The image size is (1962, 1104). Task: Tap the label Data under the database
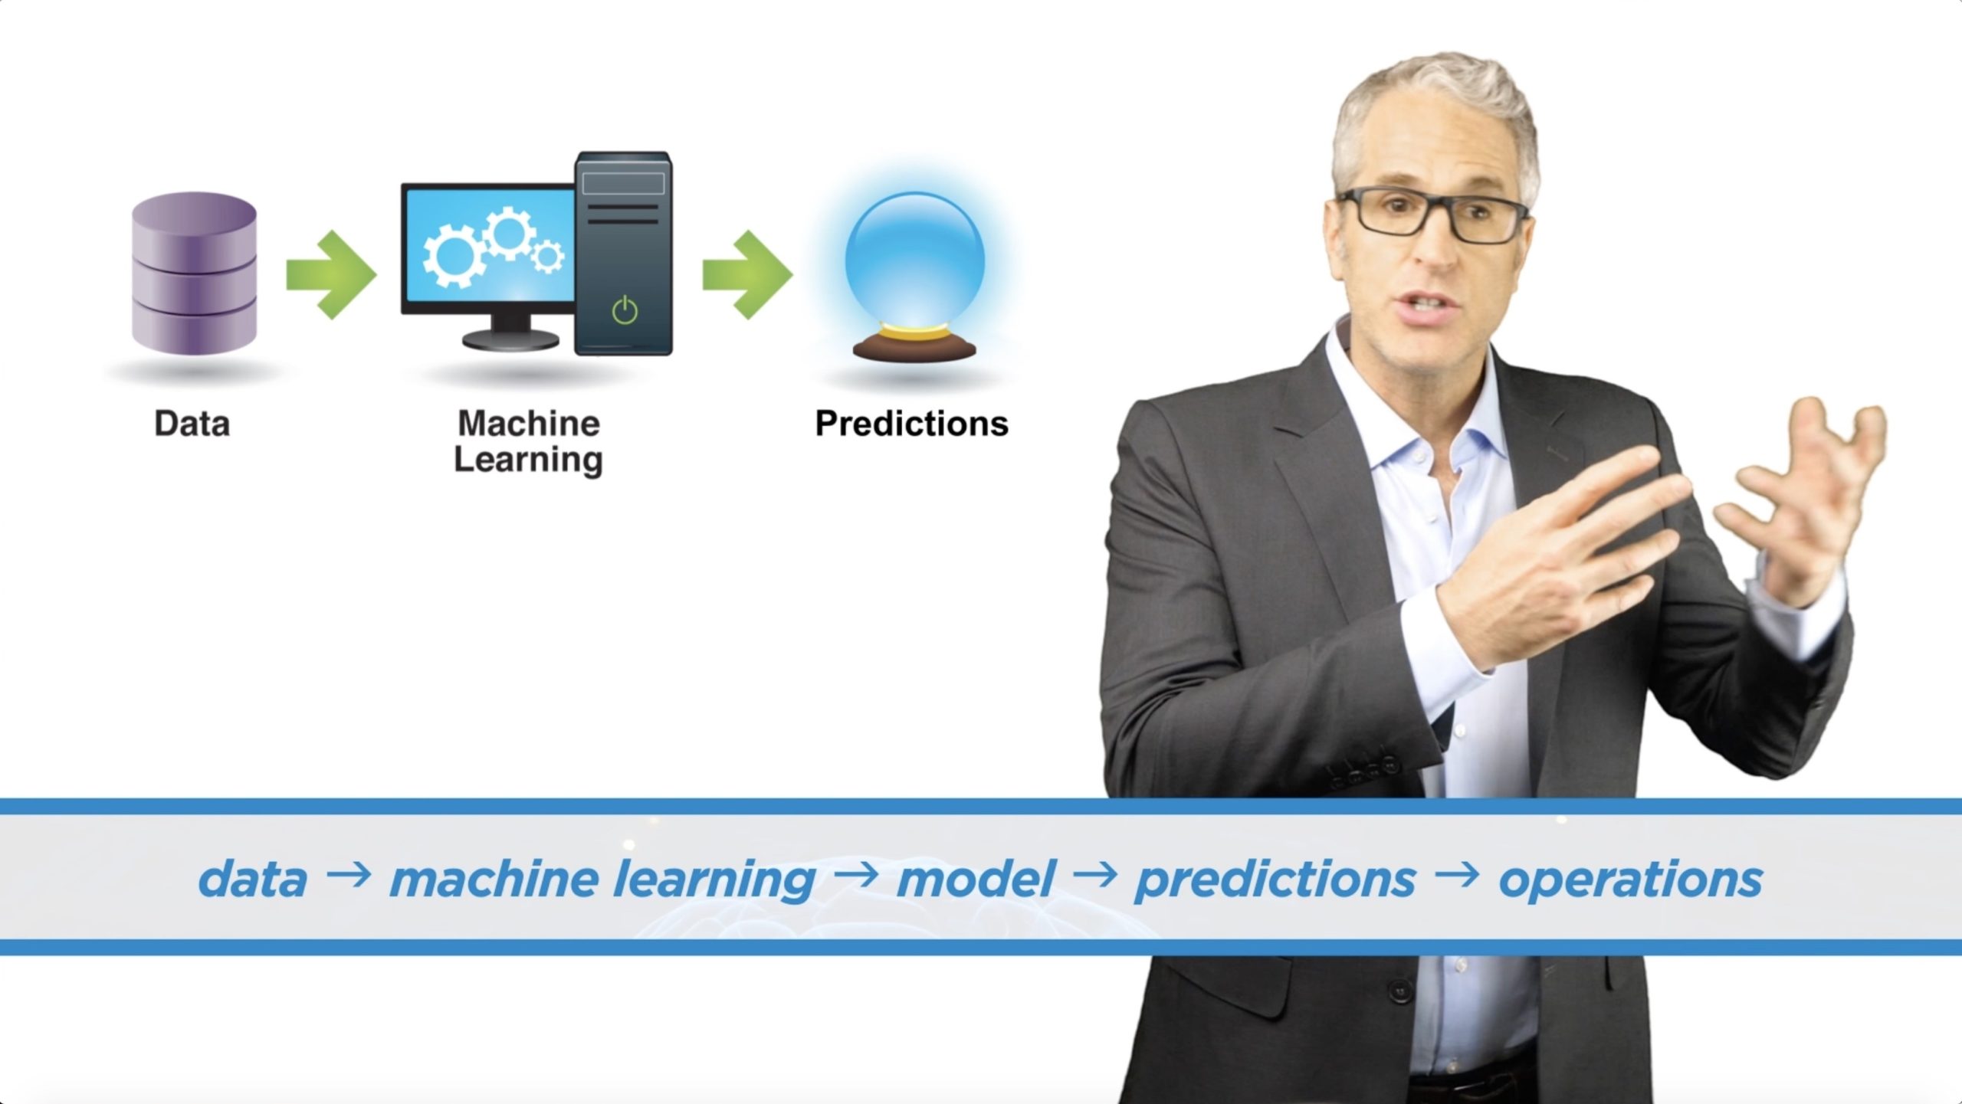click(x=192, y=424)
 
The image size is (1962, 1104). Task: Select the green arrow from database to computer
click(x=331, y=274)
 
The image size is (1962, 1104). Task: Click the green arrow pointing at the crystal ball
click(x=747, y=274)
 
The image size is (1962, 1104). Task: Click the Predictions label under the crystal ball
click(x=912, y=424)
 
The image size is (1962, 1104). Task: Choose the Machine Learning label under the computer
click(x=529, y=443)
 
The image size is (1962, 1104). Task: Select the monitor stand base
click(x=510, y=339)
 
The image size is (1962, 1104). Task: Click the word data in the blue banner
click(x=252, y=878)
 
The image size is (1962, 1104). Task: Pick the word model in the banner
click(x=976, y=878)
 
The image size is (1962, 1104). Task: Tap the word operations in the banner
click(x=1631, y=880)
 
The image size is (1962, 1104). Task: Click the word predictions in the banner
click(x=1275, y=880)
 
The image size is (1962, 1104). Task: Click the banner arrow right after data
click(x=349, y=875)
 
